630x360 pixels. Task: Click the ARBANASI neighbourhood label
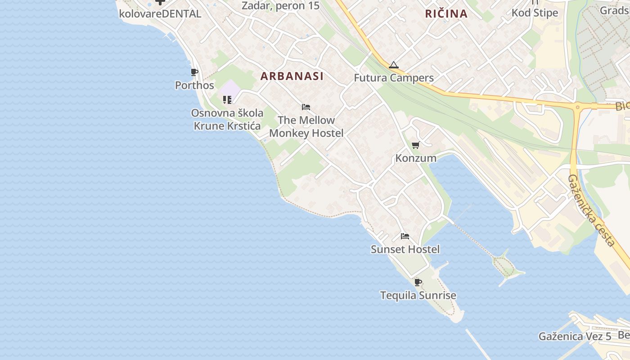(292, 76)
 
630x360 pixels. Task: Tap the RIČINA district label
(446, 13)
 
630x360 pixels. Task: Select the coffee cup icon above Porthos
(194, 72)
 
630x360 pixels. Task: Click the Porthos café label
(194, 85)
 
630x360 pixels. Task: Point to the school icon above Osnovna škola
(227, 99)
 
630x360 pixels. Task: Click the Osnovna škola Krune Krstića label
(227, 119)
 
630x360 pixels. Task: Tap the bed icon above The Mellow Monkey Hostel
(306, 107)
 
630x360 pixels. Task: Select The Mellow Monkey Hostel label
(306, 126)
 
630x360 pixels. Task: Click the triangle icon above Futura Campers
(394, 65)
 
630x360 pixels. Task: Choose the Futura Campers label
(394, 78)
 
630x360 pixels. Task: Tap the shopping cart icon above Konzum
(416, 145)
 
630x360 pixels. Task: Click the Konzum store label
(416, 158)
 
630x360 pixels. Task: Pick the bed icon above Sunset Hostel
(405, 236)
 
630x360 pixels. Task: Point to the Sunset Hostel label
(405, 249)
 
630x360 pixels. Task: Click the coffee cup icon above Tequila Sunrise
(418, 283)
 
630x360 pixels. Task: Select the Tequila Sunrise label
(418, 296)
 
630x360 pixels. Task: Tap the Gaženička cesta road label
(591, 210)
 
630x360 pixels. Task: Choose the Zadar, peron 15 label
(280, 6)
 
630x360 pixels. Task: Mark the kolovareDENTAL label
(160, 13)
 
